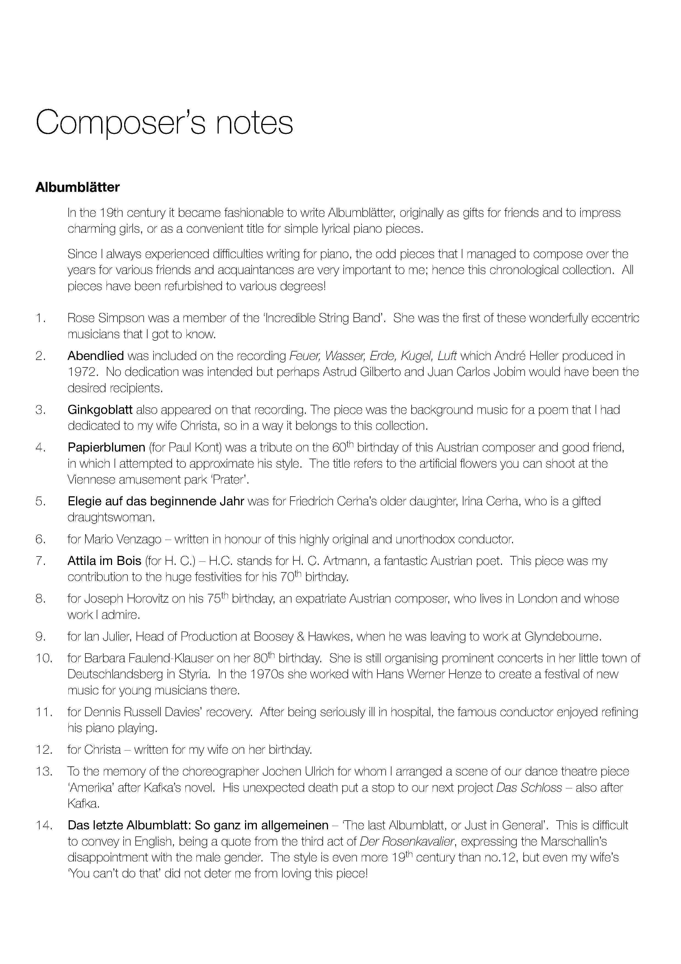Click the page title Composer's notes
[x=164, y=122]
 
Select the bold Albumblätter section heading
[x=78, y=187]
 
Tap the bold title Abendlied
[x=96, y=356]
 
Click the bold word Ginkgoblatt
[x=100, y=410]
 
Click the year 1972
[x=83, y=372]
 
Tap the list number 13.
[x=44, y=771]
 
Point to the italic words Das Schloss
[x=529, y=787]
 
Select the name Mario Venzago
[x=123, y=539]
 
